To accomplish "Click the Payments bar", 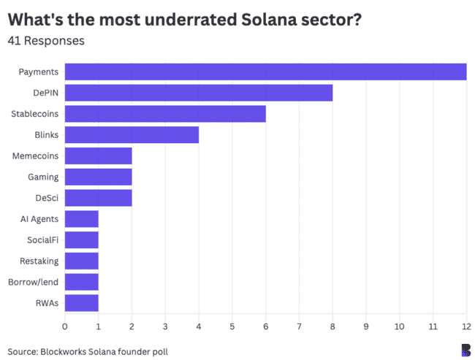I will tap(265, 72).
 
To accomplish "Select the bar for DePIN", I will tap(199, 93).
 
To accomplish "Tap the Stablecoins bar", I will tap(165, 114).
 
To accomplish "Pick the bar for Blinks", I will tap(132, 135).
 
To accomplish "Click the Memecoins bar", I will tap(99, 156).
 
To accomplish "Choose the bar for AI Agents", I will tap(82, 219).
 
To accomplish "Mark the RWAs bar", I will tap(82, 303).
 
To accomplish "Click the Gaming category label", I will tap(43, 177).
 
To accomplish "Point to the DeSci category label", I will tap(47, 198).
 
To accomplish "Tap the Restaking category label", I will tap(39, 261).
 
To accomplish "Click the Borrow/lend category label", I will tap(34, 282).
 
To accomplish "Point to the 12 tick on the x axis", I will tap(466, 326).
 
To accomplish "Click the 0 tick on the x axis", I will tap(65, 326).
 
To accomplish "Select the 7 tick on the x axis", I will tap(299, 326).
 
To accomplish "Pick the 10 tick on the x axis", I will tap(399, 326).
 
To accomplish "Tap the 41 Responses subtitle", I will tap(46, 41).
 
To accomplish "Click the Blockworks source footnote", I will tap(88, 351).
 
